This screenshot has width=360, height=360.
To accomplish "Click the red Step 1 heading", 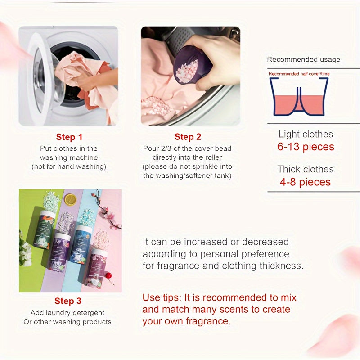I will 69,137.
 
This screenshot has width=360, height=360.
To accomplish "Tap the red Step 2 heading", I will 188,137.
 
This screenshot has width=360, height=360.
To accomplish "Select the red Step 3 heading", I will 68,301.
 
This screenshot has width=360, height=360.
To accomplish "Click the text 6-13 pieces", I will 306,147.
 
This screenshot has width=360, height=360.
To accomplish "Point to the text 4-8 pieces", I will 306,182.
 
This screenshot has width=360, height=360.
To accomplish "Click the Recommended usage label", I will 303,59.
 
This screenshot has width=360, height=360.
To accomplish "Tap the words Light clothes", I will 306,134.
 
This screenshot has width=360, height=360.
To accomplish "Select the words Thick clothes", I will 306,169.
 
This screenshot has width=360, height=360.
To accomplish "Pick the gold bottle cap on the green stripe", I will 71,199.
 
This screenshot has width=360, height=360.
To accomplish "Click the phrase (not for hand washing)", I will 69,166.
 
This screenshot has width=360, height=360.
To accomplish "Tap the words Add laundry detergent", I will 67,312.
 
